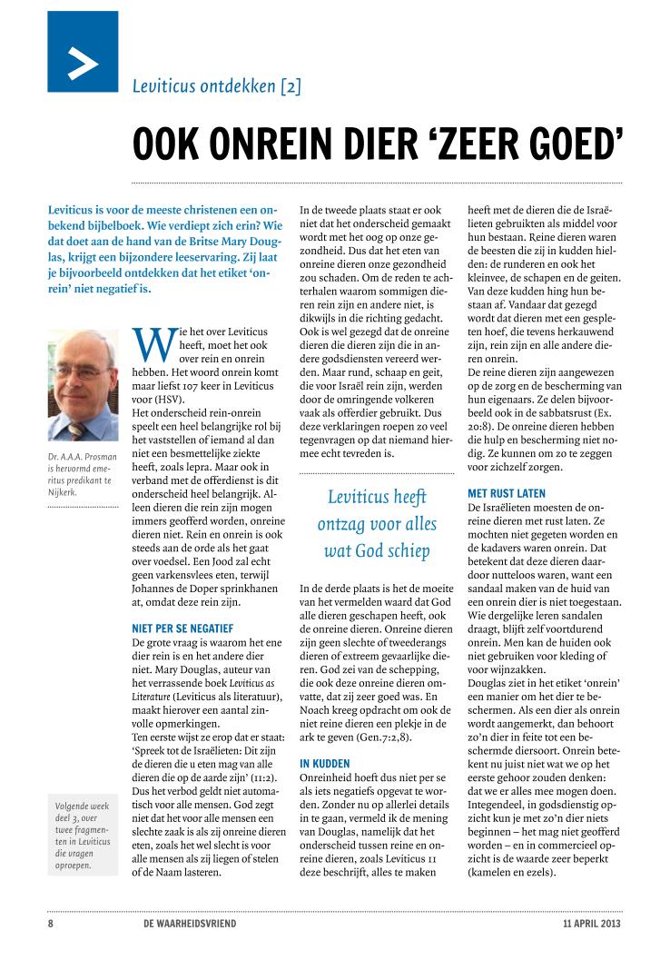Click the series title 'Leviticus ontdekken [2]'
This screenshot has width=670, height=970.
click(x=216, y=87)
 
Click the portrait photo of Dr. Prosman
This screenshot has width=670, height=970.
click(x=83, y=385)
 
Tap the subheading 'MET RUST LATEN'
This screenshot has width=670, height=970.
click(x=507, y=493)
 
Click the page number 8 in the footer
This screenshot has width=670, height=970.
click(x=52, y=925)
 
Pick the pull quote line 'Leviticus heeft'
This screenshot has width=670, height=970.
click(x=377, y=497)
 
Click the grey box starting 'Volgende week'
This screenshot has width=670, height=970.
click(x=83, y=835)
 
